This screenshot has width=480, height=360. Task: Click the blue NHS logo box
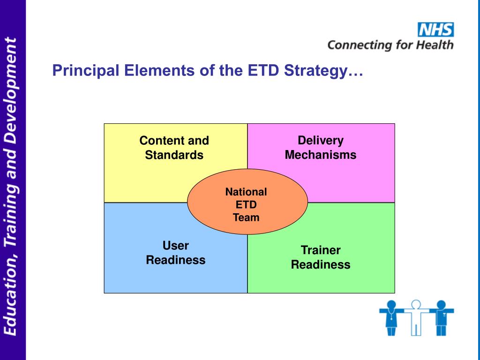pyautogui.click(x=435, y=30)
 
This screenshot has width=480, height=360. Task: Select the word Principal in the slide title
pyautogui.click(x=86, y=71)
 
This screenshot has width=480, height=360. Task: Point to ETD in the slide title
pyautogui.click(x=263, y=70)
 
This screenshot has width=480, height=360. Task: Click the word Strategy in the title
pyautogui.click(x=316, y=71)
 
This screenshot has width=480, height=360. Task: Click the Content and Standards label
pyautogui.click(x=174, y=148)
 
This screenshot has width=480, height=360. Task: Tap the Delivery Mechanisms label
pyautogui.click(x=321, y=148)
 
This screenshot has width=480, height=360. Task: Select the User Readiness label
pyautogui.click(x=176, y=253)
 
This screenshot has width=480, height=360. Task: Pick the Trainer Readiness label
pyautogui.click(x=321, y=257)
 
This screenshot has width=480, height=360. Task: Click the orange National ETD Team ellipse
pyautogui.click(x=247, y=202)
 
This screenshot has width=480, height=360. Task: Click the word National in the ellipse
pyautogui.click(x=246, y=192)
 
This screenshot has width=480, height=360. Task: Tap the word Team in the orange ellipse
pyautogui.click(x=246, y=217)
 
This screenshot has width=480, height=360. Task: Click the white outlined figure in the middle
pyautogui.click(x=416, y=317)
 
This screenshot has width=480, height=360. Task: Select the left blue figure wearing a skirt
pyautogui.click(x=391, y=317)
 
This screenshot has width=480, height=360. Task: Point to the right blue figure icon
pyautogui.click(x=441, y=317)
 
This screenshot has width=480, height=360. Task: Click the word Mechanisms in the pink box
pyautogui.click(x=321, y=155)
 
